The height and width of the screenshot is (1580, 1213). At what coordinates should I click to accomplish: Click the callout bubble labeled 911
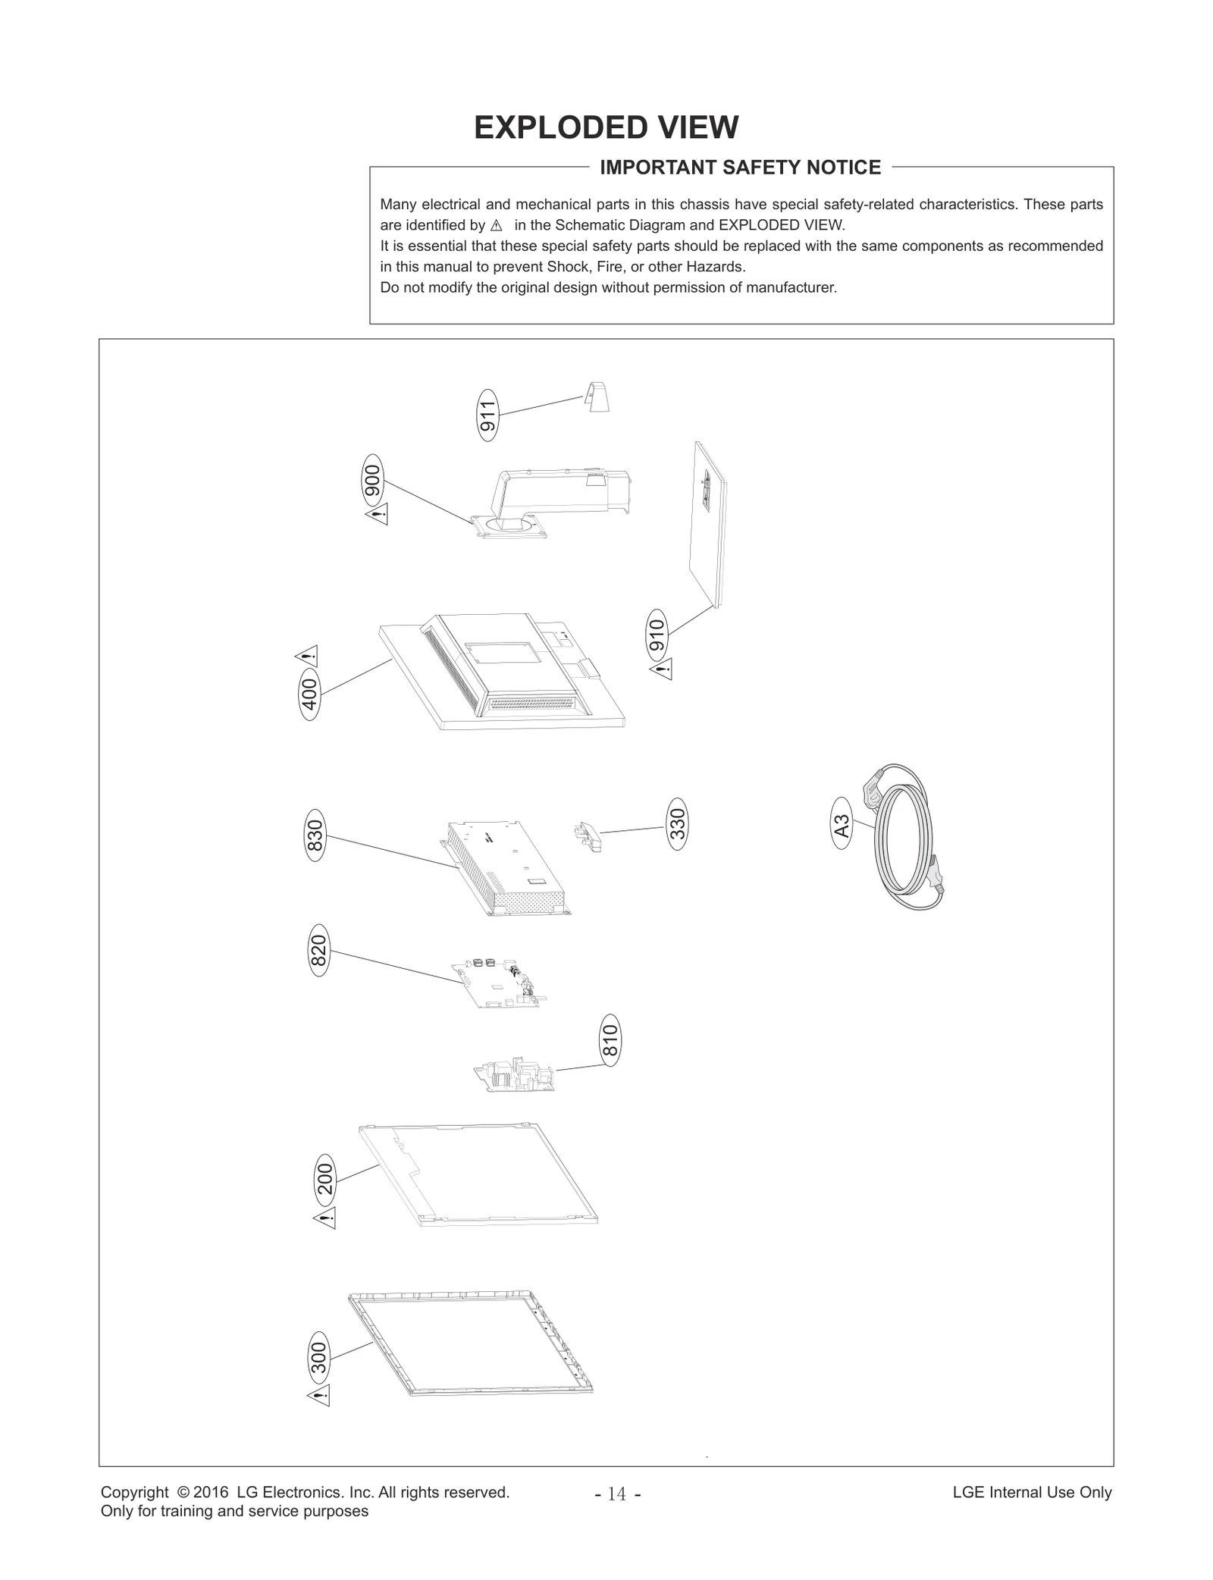(488, 415)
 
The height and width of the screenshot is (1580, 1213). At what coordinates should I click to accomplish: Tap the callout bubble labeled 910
(657, 635)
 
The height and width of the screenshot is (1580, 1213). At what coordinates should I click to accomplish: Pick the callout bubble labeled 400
(310, 694)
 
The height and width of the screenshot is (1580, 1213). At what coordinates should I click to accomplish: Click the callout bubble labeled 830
(315, 835)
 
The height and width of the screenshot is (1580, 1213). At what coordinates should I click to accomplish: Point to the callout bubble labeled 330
(677, 823)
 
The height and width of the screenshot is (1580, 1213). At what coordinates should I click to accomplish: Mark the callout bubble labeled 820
(318, 950)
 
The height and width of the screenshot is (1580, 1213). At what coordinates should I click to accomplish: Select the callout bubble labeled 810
(610, 1040)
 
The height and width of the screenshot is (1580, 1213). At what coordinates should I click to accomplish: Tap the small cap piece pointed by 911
(597, 397)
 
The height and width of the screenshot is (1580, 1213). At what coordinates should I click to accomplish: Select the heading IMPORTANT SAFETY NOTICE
(740, 168)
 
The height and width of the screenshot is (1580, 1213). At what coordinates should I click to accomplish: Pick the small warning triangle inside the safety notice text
(497, 226)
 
